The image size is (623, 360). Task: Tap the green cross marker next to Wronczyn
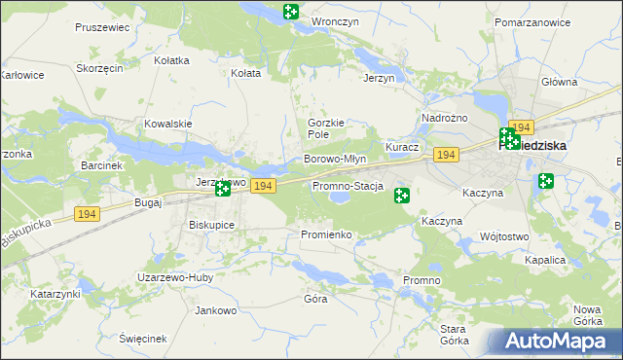[x=290, y=12]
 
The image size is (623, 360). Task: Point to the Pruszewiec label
[x=102, y=28]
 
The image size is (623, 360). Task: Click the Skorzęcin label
[x=99, y=69]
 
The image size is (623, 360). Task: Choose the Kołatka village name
[x=171, y=60]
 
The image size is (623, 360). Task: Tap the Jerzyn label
[x=379, y=78]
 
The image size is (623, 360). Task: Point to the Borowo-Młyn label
[x=334, y=159]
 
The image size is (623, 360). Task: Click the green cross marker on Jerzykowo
[x=223, y=189]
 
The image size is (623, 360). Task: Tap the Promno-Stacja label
[x=348, y=186]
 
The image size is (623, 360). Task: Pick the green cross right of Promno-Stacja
[x=401, y=196]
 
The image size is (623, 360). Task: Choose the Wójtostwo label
[x=503, y=236]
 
